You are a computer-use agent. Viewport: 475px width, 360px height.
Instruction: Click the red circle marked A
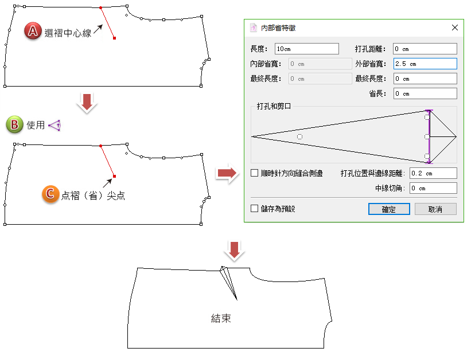pyautogui.click(x=33, y=30)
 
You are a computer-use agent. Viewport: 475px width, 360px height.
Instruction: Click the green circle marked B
pyautogui.click(x=14, y=124)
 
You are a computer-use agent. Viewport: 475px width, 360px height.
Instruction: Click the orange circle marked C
pyautogui.click(x=50, y=194)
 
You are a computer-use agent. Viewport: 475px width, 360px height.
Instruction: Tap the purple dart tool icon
pyautogui.click(x=55, y=125)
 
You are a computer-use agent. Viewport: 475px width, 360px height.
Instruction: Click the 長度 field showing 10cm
pyautogui.click(x=306, y=49)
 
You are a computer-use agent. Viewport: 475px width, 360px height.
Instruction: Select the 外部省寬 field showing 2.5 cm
pyautogui.click(x=425, y=64)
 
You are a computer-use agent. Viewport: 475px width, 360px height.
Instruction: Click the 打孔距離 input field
pyautogui.click(x=425, y=49)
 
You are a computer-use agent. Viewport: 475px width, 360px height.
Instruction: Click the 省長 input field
pyautogui.click(x=425, y=93)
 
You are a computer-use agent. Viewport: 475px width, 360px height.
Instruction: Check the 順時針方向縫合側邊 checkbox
pyautogui.click(x=255, y=173)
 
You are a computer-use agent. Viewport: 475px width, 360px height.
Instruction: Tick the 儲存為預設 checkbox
pyautogui.click(x=255, y=208)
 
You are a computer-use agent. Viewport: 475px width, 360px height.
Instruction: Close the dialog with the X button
pyautogui.click(x=455, y=28)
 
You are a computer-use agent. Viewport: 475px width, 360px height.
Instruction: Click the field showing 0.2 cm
pyautogui.click(x=433, y=173)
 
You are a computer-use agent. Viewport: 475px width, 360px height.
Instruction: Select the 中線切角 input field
pyautogui.click(x=433, y=188)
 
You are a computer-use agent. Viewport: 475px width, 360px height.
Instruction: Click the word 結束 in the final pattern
pyautogui.click(x=221, y=318)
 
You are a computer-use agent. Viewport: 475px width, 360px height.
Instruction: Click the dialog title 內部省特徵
pyautogui.click(x=278, y=28)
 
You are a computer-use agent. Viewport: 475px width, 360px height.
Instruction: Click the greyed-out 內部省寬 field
pyautogui.click(x=320, y=64)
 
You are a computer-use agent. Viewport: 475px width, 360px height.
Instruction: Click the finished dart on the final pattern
pyautogui.click(x=228, y=283)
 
